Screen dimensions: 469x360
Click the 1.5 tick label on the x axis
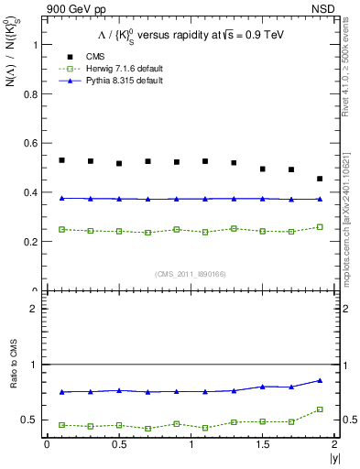[x=263, y=444]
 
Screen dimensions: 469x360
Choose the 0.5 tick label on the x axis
[x=119, y=444]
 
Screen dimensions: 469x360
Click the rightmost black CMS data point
[x=320, y=179]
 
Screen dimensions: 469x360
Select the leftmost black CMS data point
[x=61, y=160]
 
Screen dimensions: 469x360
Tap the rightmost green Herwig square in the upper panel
[x=320, y=227]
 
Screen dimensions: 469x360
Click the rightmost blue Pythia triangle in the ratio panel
[x=320, y=380]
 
